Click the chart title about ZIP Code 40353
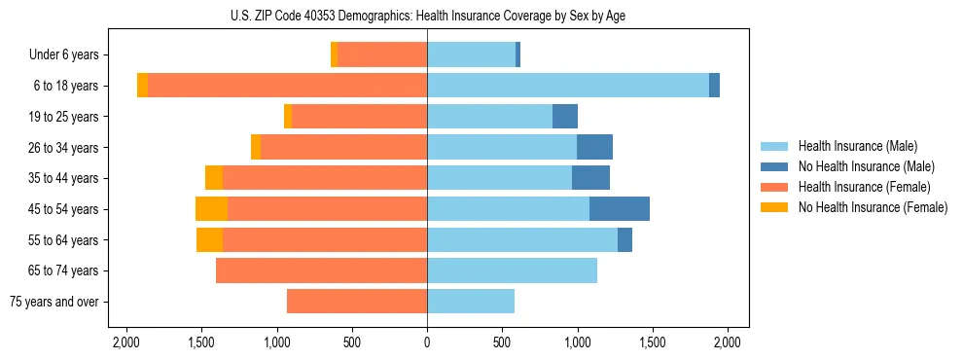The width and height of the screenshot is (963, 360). pyautogui.click(x=428, y=15)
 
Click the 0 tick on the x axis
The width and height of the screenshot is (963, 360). pyautogui.click(x=427, y=342)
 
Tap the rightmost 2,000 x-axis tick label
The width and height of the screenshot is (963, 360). pyautogui.click(x=728, y=342)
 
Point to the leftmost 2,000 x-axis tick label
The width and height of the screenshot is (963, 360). pyautogui.click(x=126, y=342)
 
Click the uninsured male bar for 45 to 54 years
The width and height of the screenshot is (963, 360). pyautogui.click(x=620, y=209)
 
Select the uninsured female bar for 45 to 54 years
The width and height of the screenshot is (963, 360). pyautogui.click(x=211, y=209)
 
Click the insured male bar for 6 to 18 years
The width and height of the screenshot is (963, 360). pyautogui.click(x=568, y=86)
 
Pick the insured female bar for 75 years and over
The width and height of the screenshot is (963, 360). pyautogui.click(x=357, y=302)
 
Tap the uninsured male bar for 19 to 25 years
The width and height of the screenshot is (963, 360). pyautogui.click(x=565, y=117)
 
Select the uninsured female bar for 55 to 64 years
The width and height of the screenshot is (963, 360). pyautogui.click(x=209, y=240)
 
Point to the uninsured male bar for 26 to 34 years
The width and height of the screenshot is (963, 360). pyautogui.click(x=594, y=147)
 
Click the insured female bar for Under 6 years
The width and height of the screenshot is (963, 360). pyautogui.click(x=382, y=55)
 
